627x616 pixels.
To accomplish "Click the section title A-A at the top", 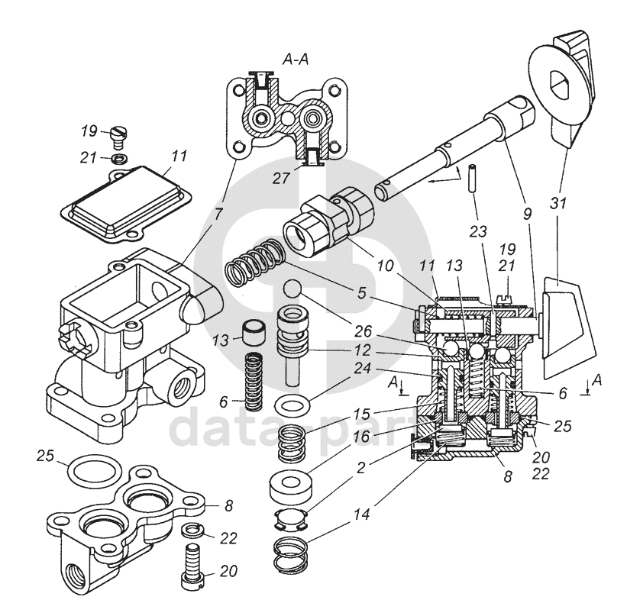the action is pos(296,60).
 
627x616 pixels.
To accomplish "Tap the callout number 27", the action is pos(281,179).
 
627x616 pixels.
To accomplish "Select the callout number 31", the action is pos(558,203).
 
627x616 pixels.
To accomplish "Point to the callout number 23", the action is pos(478,231).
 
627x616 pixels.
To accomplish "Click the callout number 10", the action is pos(385,265).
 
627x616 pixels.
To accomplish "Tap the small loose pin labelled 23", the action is pos(473,178).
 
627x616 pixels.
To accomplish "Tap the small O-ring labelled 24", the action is pos(291,407).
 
